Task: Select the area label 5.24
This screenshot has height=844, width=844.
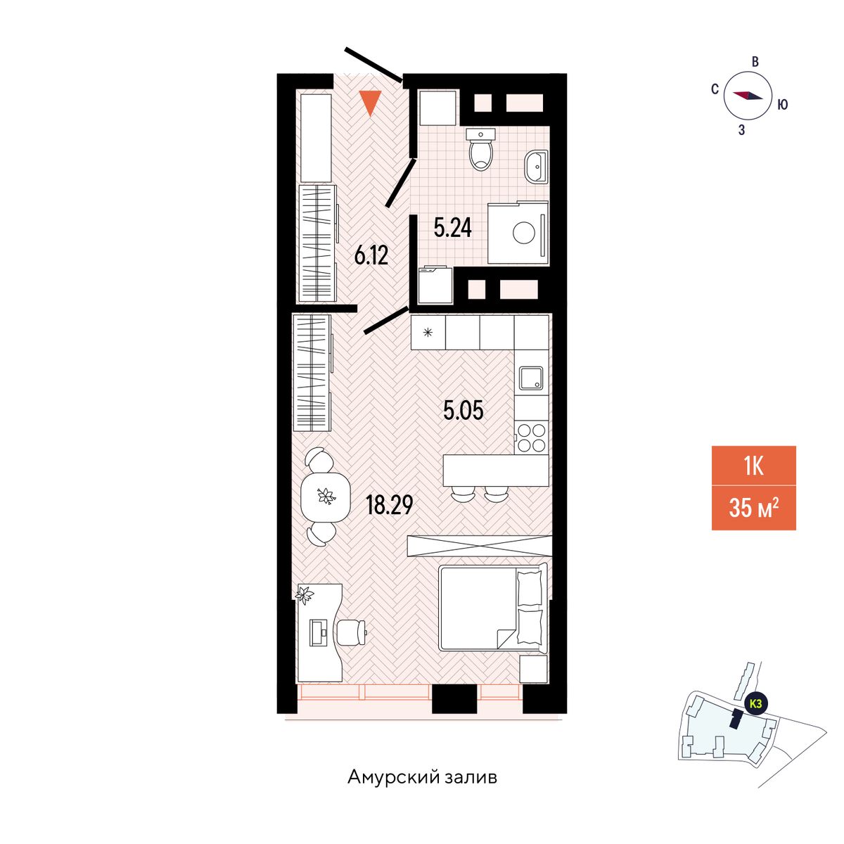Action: [452, 228]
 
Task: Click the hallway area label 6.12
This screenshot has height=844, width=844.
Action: [371, 256]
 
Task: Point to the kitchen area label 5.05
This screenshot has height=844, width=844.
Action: [463, 410]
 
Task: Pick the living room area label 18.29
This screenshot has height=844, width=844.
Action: [390, 505]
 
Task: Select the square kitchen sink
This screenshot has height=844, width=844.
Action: [531, 378]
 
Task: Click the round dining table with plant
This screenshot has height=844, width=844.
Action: [326, 497]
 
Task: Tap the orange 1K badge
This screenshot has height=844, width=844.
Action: [753, 466]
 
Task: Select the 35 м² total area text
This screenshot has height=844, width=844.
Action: [753, 509]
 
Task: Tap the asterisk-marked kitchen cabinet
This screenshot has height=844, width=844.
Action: [428, 333]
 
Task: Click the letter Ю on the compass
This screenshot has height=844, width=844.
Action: [783, 104]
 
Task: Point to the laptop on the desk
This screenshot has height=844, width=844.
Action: [319, 632]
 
